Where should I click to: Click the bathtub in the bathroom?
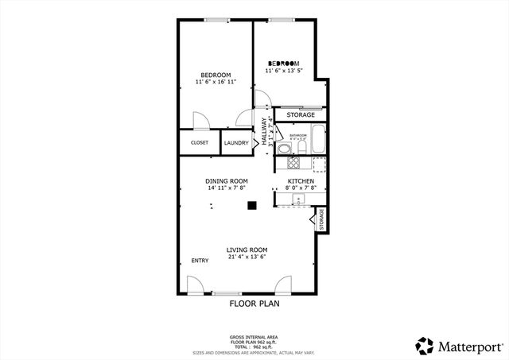[x=319, y=139]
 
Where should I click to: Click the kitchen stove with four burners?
[x=293, y=164]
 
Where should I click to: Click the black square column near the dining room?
[x=252, y=205]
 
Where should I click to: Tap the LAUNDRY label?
[x=236, y=143]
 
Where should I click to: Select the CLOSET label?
[x=200, y=143]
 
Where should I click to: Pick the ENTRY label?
[x=200, y=261]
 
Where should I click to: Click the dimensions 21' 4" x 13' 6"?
[x=247, y=257]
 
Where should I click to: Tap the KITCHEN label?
[x=301, y=181]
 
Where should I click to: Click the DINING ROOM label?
[x=227, y=181]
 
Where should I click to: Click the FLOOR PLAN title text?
[x=254, y=303]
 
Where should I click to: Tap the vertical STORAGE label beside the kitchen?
[x=322, y=219]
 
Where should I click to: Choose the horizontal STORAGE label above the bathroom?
[x=301, y=115]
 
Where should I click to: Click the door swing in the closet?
[x=201, y=122]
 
